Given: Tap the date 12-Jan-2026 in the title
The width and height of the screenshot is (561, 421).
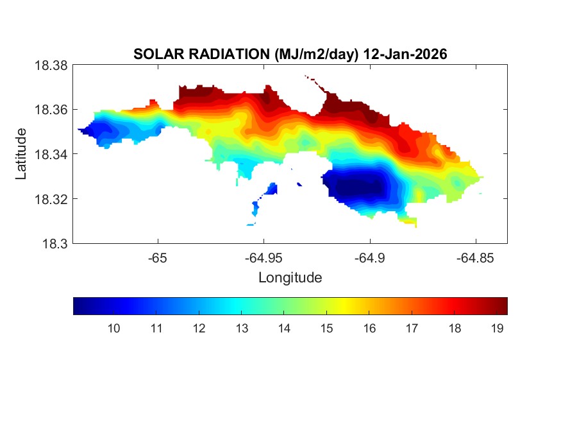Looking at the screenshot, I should coord(405,55).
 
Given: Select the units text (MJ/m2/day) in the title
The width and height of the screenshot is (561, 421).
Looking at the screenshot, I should coord(314,55).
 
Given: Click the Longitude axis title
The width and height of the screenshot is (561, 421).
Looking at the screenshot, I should coord(290,278).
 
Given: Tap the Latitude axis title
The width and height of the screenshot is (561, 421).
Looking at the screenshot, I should coord(21,154).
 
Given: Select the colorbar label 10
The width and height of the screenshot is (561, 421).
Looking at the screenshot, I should coord(113,329).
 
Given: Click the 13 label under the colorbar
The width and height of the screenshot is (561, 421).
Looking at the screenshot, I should coord(242,329).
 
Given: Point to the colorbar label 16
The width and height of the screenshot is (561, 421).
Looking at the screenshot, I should coord(369,329).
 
